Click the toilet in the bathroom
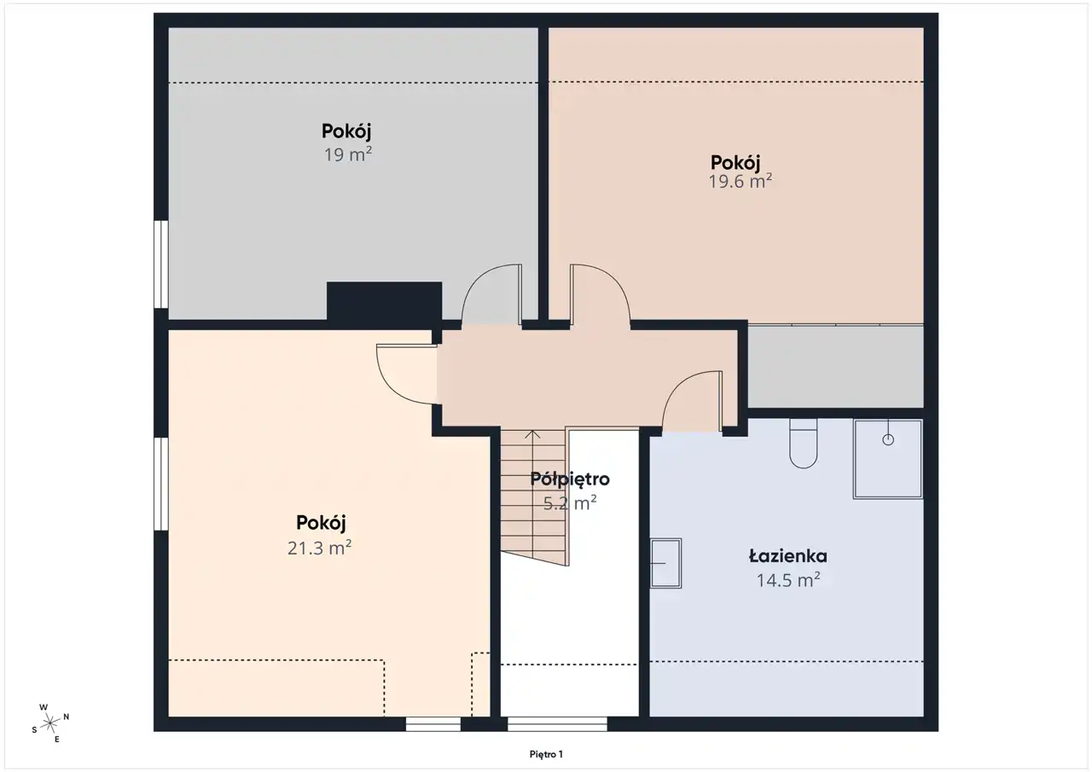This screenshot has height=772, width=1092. click(x=803, y=443)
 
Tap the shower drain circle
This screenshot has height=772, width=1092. click(x=888, y=439)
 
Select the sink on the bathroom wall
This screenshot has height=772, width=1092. click(x=666, y=563)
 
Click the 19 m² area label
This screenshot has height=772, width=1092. click(x=347, y=154)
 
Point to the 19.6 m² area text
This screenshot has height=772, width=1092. click(x=740, y=182)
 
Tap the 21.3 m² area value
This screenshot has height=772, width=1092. click(x=319, y=549)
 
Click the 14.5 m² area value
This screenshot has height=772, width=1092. click(x=788, y=580)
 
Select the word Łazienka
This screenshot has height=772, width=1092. click(x=787, y=556)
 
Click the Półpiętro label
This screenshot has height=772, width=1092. click(x=570, y=479)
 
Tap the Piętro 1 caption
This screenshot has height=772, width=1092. click(x=546, y=754)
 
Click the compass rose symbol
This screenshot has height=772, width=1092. click(x=50, y=723)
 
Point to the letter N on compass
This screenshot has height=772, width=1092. click(x=67, y=717)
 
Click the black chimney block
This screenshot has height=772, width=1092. click(x=384, y=301)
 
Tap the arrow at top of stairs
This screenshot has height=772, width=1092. click(x=532, y=435)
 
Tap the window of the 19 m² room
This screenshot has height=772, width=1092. click(x=161, y=264)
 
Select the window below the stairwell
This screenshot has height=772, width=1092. click(x=557, y=723)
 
